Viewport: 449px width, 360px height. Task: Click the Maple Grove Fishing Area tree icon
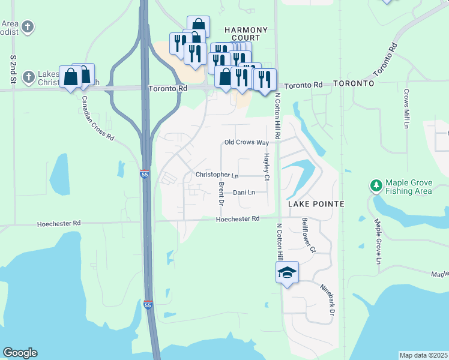pyautogui.click(x=376, y=186)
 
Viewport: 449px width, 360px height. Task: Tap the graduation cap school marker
pyautogui.click(x=288, y=273)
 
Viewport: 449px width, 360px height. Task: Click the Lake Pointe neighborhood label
pyautogui.click(x=316, y=204)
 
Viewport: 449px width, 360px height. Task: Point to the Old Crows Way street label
pyautogui.click(x=246, y=142)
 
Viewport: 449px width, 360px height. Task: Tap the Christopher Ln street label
pyautogui.click(x=217, y=175)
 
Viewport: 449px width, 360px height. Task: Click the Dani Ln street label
pyautogui.click(x=244, y=193)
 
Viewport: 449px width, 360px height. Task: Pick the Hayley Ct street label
pyautogui.click(x=267, y=167)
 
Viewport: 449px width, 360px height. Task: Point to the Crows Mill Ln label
pyautogui.click(x=406, y=109)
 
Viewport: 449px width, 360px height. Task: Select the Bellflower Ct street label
pyautogui.click(x=309, y=235)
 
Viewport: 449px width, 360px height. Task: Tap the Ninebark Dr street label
pyautogui.click(x=328, y=300)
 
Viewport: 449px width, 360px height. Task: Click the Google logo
pyautogui.click(x=20, y=353)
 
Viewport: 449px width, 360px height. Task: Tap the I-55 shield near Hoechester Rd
pyautogui.click(x=145, y=174)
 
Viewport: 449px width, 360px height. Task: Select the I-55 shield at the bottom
pyautogui.click(x=148, y=305)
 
